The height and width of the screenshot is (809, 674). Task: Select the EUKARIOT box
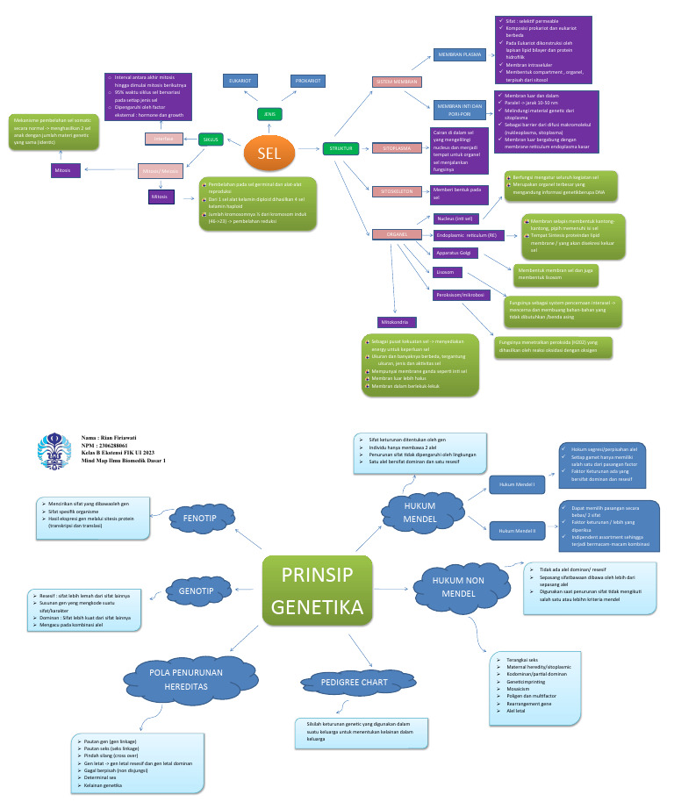pyautogui.click(x=240, y=81)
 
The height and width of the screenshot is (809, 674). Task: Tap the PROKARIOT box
pyautogui.click(x=309, y=81)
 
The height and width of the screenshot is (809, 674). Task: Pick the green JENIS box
pyautogui.click(x=269, y=114)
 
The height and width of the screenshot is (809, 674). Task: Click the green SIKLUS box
pyautogui.click(x=212, y=139)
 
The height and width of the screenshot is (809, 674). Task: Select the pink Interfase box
pyautogui.click(x=164, y=139)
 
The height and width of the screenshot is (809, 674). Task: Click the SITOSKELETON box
pyautogui.click(x=397, y=191)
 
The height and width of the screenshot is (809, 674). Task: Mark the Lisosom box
pyautogui.click(x=445, y=273)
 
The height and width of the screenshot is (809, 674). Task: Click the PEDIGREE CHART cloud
pyautogui.click(x=342, y=682)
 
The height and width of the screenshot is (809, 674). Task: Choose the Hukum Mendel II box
pyautogui.click(x=517, y=531)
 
